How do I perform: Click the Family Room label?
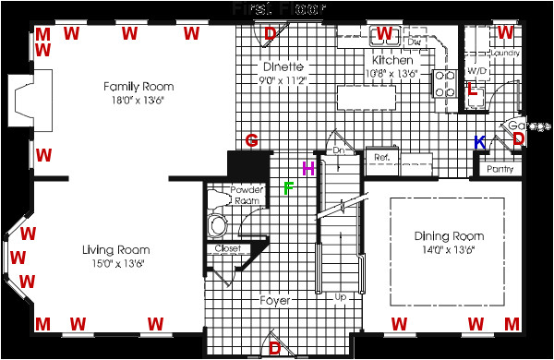pyautogui.click(x=138, y=87)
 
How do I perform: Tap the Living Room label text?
pyautogui.click(x=115, y=249)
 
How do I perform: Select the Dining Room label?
pyautogui.click(x=449, y=237)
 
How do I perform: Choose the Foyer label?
pyautogui.click(x=274, y=301)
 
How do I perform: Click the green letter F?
pyautogui.click(x=288, y=189)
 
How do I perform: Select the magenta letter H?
pyautogui.click(x=308, y=168)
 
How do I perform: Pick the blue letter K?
pyautogui.click(x=479, y=143)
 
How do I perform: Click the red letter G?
pyautogui.click(x=251, y=140)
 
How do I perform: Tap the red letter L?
pyautogui.click(x=472, y=90)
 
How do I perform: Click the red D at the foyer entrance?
pyautogui.click(x=274, y=348)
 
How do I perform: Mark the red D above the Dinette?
pyautogui.click(x=270, y=35)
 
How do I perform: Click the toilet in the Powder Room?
pyautogui.click(x=219, y=224)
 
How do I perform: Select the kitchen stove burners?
pyautogui.click(x=443, y=83)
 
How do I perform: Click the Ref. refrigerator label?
pyautogui.click(x=380, y=158)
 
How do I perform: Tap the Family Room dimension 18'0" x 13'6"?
pyautogui.click(x=138, y=102)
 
